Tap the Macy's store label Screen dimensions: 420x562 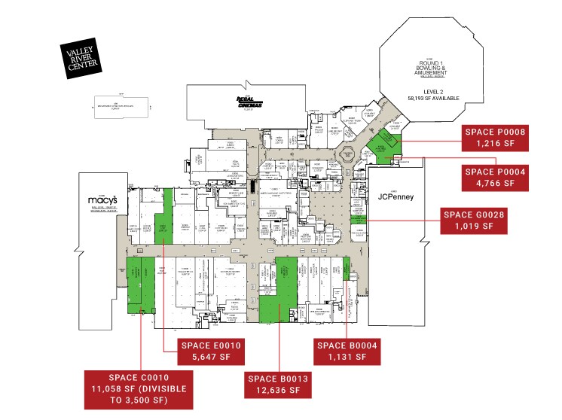(99, 200)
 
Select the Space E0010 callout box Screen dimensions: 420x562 (209, 351)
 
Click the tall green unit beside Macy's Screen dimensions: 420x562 (163, 217)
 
